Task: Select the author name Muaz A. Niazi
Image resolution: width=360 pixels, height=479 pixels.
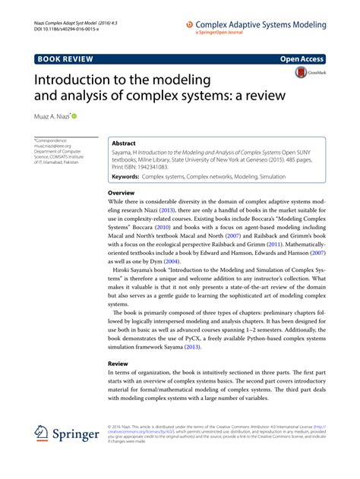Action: click(52, 118)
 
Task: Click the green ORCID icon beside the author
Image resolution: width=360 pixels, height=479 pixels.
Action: click(75, 117)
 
